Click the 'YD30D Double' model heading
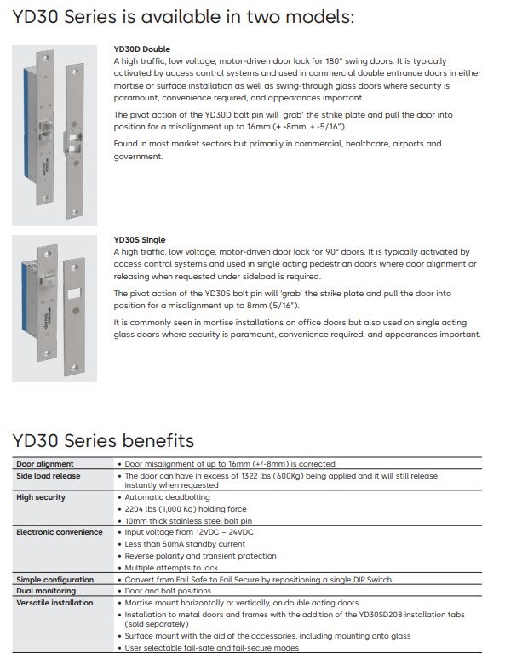click(141, 49)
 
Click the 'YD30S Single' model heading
click(140, 240)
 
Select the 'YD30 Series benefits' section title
click(103, 440)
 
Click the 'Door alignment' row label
click(44, 464)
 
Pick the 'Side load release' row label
click(49, 476)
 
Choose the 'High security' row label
click(41, 497)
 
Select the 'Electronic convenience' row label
click(60, 532)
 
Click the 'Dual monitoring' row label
click(46, 591)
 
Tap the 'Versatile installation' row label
click(55, 602)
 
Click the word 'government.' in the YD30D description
click(139, 157)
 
